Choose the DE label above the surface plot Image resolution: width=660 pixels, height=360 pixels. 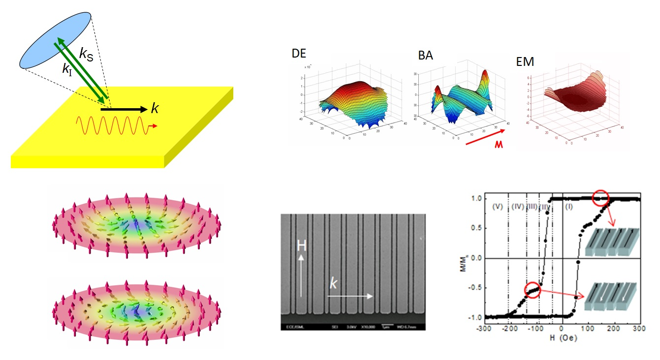tap(299, 54)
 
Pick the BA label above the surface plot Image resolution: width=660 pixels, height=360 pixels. tap(426, 56)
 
